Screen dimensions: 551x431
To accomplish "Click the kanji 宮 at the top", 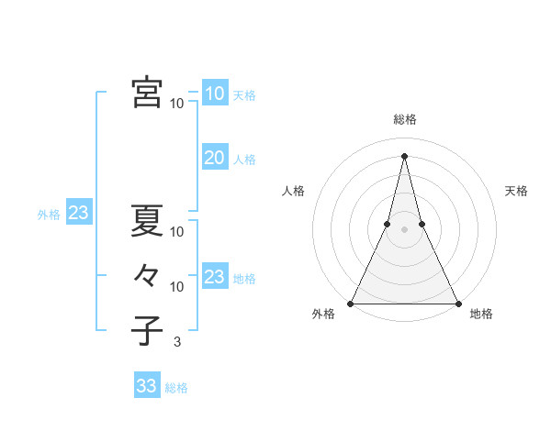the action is [147, 93].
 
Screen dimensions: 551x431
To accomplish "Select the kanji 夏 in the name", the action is [147, 221].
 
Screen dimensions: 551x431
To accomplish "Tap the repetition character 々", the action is [147, 276].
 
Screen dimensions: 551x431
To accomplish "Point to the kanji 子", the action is [147, 331].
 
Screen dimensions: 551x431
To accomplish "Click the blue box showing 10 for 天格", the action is [214, 94].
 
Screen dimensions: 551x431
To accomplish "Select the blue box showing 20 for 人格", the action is [214, 158].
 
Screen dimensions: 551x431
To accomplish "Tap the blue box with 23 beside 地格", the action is [214, 277].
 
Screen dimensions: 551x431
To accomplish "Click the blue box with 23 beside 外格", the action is [78, 214].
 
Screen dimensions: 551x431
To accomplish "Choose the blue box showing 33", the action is [146, 386].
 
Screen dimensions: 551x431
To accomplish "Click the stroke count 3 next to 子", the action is [176, 342].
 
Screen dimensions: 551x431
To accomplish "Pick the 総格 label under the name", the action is [176, 388].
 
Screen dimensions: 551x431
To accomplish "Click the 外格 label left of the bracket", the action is [49, 215].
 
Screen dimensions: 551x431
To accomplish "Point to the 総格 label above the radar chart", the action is [405, 119].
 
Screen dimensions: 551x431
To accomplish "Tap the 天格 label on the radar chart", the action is [517, 191].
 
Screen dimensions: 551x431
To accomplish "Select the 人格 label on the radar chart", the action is [293, 191].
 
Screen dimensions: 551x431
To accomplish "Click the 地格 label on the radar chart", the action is [481, 315].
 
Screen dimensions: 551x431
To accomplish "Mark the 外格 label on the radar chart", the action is [323, 315].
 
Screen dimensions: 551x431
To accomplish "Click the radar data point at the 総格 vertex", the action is [405, 155].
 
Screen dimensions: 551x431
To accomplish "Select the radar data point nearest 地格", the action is [457, 303].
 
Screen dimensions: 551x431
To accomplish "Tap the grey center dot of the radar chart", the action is [405, 229].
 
